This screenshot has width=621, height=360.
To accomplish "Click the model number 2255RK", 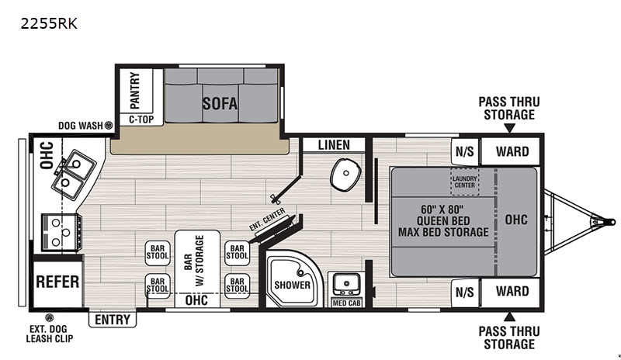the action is click(x=49, y=24).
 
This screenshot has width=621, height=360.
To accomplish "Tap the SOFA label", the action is click(x=220, y=103).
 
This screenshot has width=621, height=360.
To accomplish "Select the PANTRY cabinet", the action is click(x=136, y=91).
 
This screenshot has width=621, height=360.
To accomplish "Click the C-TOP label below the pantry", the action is click(x=141, y=119).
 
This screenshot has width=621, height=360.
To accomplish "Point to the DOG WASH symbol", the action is click(x=108, y=126).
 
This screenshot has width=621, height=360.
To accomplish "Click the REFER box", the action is click(x=57, y=282).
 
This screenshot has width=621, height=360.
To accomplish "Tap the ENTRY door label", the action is click(x=113, y=319).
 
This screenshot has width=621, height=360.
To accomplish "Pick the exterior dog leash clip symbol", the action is click(x=49, y=317).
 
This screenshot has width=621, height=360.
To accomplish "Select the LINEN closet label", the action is click(x=334, y=145).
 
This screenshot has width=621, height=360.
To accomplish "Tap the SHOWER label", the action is click(x=293, y=285).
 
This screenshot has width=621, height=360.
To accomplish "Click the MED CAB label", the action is click(x=346, y=303).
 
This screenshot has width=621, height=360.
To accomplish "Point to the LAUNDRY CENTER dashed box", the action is click(x=464, y=182).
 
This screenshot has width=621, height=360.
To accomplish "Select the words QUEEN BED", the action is click(x=443, y=220).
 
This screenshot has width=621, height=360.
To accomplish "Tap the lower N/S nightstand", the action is click(x=464, y=292).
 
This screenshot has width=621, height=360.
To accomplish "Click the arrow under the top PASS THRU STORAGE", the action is click(x=510, y=128).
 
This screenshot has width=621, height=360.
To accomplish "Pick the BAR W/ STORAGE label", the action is click(x=194, y=261).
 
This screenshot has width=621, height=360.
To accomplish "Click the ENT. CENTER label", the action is click(x=267, y=219).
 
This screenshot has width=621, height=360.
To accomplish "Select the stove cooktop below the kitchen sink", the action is click(x=61, y=233).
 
